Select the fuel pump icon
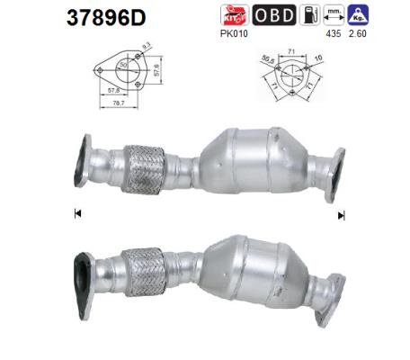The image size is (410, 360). click(307, 15)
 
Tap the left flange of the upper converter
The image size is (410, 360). click(84, 161)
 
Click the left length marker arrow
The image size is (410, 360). click(77, 214)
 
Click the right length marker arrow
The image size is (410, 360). click(341, 215)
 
